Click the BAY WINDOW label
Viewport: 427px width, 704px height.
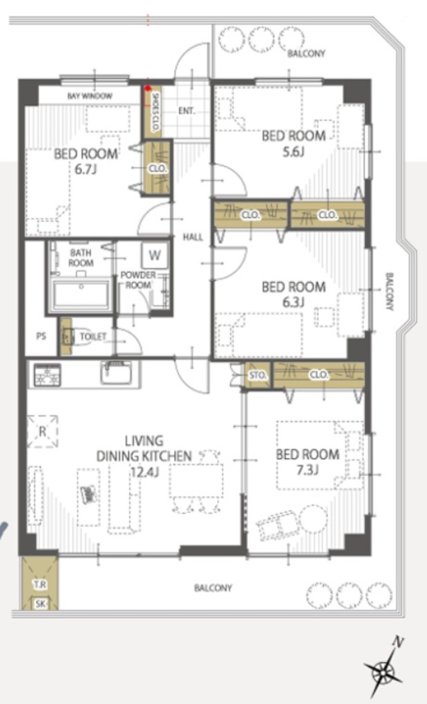[90, 96]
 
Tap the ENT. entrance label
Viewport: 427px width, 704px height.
[187, 111]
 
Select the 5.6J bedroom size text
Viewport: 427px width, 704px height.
[293, 152]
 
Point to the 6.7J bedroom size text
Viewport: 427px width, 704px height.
[85, 170]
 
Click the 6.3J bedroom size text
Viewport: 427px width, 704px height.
[293, 302]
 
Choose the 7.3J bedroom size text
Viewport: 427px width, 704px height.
[307, 470]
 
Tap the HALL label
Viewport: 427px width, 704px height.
[193, 237]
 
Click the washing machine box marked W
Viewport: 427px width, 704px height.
[155, 255]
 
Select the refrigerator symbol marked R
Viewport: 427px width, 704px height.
[42, 431]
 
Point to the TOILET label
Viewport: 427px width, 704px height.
[93, 337]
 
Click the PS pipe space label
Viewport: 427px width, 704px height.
[41, 336]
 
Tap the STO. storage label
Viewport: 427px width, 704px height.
[258, 375]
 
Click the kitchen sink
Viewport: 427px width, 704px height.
[116, 373]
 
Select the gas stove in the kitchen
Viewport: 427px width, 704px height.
[47, 375]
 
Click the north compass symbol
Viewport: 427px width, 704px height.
[384, 672]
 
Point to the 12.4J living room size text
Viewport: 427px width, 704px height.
[144, 471]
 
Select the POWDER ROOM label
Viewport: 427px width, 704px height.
[138, 280]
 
